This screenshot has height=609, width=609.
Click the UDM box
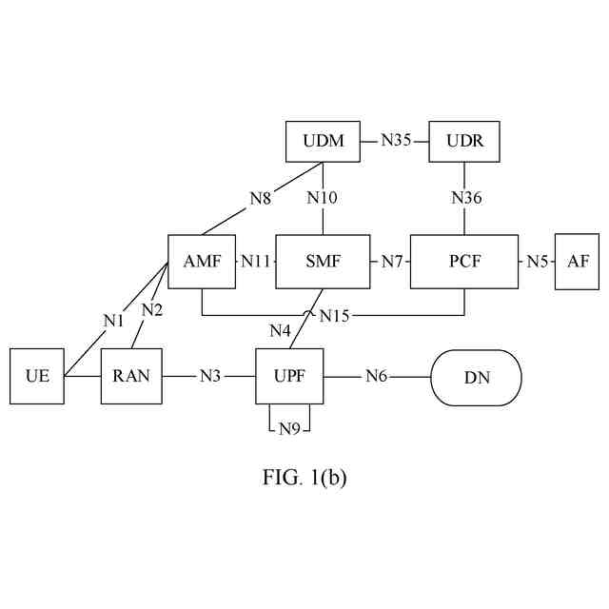(324, 142)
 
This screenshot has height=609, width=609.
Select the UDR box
(463, 142)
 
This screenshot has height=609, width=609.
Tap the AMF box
(202, 261)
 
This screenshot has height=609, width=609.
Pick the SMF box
(323, 261)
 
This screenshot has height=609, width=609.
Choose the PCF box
(464, 261)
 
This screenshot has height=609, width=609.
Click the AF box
(578, 261)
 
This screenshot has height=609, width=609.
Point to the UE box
(37, 377)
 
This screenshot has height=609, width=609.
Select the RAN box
(131, 377)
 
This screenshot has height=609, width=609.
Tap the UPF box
(290, 377)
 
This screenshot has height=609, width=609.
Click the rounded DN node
(477, 377)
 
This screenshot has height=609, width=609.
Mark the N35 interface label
(396, 142)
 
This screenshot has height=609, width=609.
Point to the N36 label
(465, 199)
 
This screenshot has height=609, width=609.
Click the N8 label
(261, 199)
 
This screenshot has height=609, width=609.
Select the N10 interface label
(322, 199)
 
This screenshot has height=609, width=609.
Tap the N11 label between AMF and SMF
(255, 261)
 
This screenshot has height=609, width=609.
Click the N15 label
(334, 315)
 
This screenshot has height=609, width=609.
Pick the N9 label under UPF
(290, 428)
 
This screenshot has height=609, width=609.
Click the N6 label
(377, 377)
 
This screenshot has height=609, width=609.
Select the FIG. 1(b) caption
(304, 478)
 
